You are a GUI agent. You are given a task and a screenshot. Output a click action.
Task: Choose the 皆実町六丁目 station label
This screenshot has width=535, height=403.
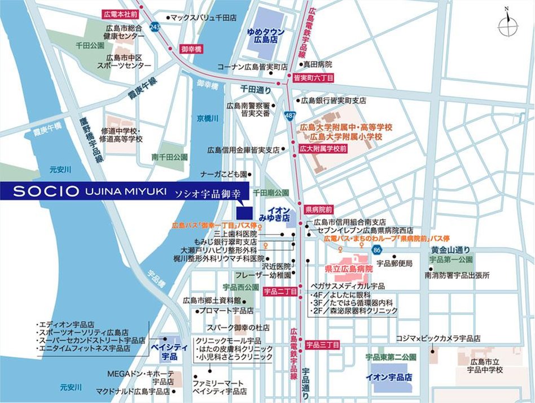tap(310, 76)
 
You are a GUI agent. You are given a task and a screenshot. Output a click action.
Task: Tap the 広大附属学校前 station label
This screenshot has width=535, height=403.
tap(323, 148)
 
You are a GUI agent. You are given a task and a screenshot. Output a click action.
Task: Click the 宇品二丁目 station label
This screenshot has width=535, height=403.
tap(280, 292)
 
